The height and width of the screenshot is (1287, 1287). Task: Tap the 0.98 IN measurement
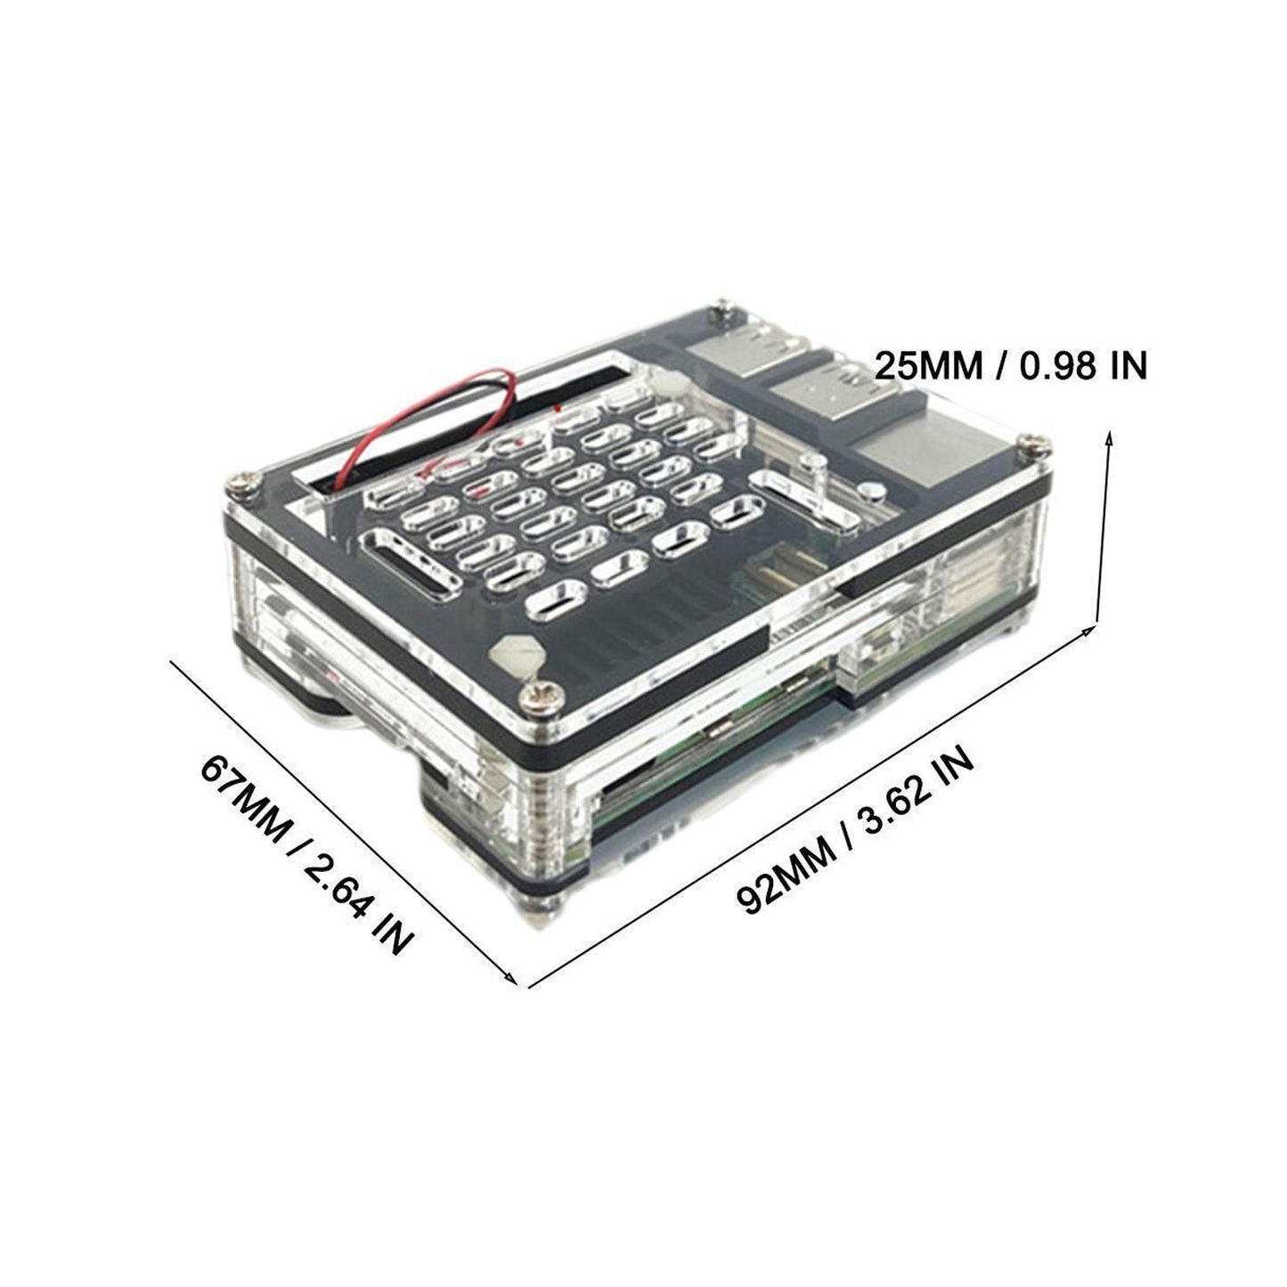point(1083,366)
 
